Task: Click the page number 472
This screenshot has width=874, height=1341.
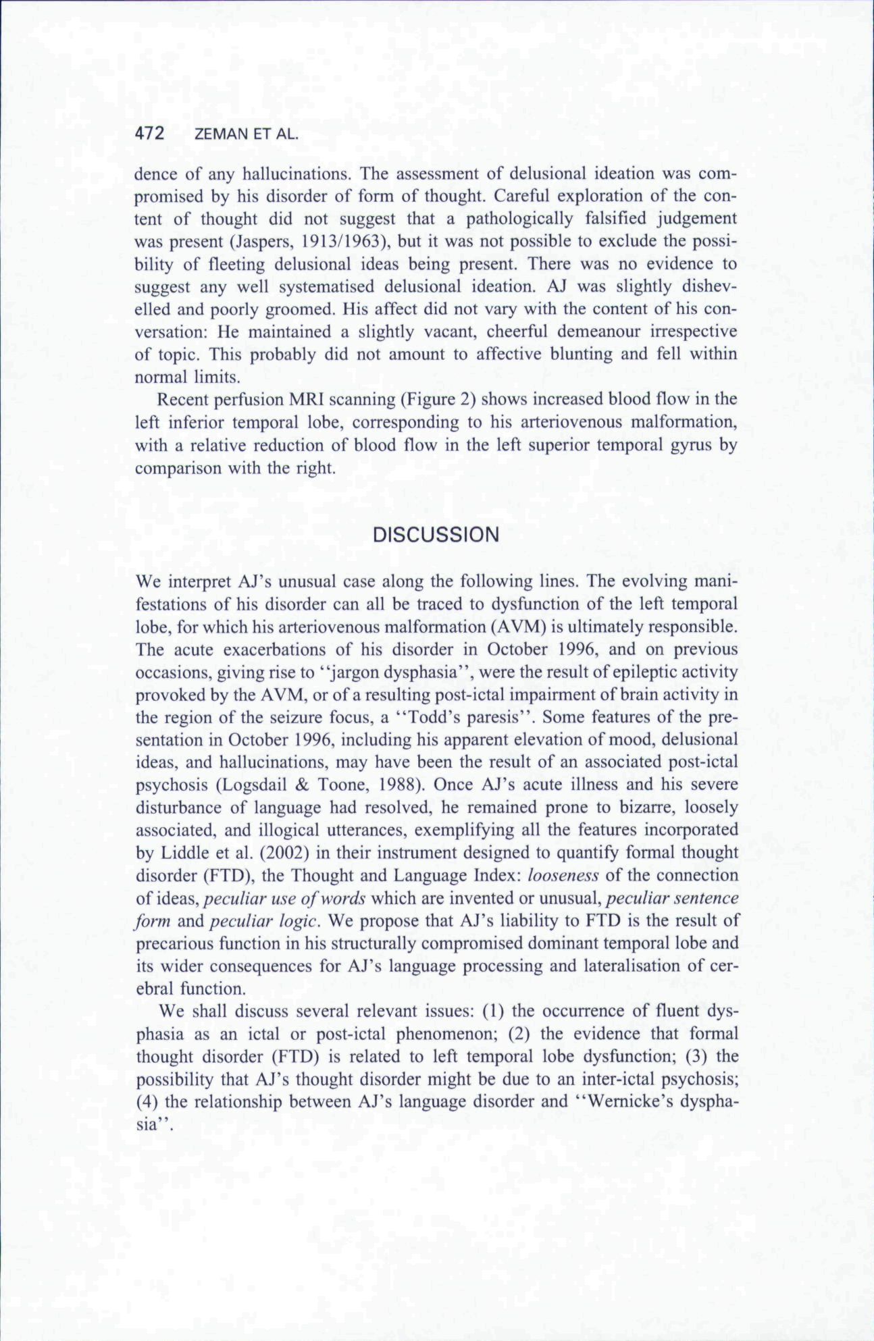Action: [x=150, y=134]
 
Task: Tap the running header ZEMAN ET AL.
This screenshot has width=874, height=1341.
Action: [x=245, y=135]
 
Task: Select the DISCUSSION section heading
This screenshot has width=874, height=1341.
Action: [x=436, y=535]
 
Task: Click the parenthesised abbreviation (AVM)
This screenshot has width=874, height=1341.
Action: [x=513, y=626]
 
